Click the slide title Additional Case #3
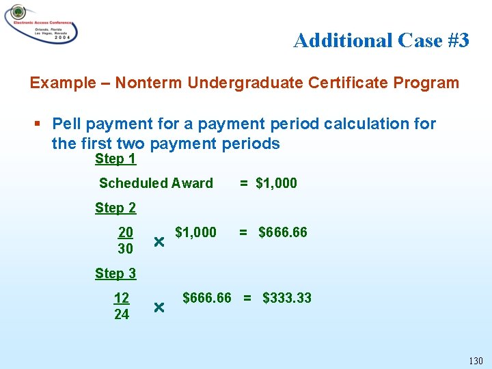[x=381, y=41]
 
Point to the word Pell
[x=66, y=124]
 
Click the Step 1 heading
[x=115, y=159]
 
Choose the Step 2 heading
[x=115, y=208]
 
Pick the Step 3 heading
[x=115, y=273]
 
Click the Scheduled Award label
[x=156, y=183]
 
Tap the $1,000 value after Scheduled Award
[x=276, y=183]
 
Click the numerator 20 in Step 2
[x=126, y=232]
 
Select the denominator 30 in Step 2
[x=126, y=249]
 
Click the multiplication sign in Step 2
[x=159, y=242]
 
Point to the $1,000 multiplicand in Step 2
[x=195, y=232]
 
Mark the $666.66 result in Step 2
[x=282, y=232]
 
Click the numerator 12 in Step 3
[x=122, y=298]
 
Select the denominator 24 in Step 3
[x=122, y=314]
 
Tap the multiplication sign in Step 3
[x=159, y=307]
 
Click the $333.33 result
[x=287, y=298]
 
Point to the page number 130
[x=476, y=360]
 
